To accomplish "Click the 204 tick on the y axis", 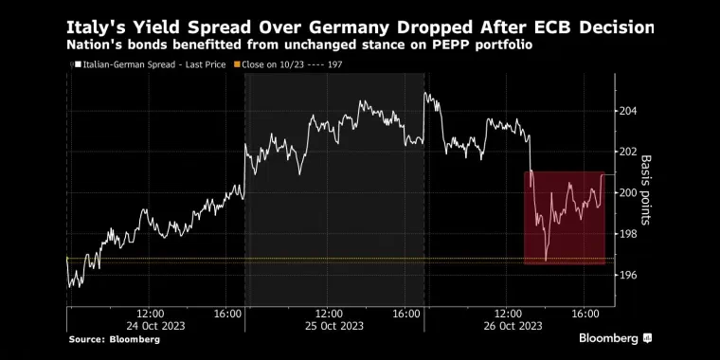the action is point(628,111).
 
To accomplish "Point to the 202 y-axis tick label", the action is point(628,152).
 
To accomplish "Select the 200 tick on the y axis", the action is point(628,193).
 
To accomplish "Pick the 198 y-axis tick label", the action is point(628,234).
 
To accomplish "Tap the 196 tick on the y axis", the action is point(628,275).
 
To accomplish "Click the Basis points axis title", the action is point(646,190).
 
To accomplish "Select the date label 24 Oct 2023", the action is point(155,326).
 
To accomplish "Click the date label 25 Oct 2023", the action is point(333,326).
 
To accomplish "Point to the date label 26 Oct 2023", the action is point(512,326).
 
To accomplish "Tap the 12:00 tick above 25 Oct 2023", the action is point(330,315).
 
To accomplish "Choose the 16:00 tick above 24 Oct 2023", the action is point(228,315).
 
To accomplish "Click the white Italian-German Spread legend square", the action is point(78,64).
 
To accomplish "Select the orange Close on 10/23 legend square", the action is point(237,64).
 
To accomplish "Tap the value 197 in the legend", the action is point(334,64).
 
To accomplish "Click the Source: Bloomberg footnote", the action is point(115,340).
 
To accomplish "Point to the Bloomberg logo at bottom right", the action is point(615,339).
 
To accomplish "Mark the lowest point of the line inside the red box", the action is point(546,261).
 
